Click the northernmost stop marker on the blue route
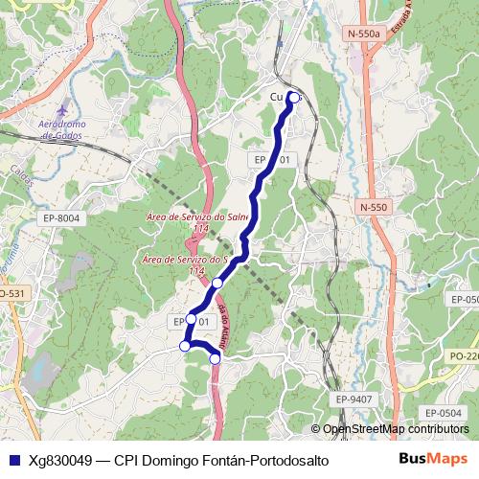tap(293, 97)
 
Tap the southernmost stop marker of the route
tap(216, 358)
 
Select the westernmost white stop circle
tap(185, 346)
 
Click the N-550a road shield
tap(363, 34)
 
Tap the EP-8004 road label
tap(61, 219)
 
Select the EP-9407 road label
tap(354, 397)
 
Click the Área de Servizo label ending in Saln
tap(197, 217)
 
